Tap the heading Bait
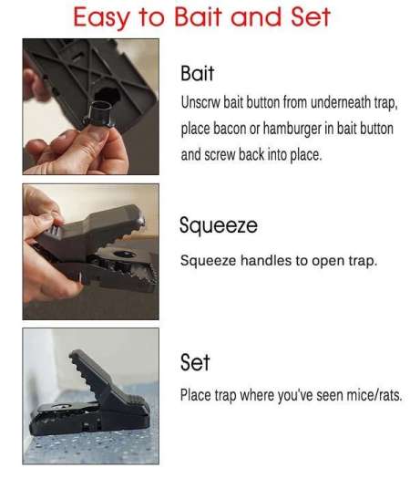click(197, 73)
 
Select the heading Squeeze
click(219, 225)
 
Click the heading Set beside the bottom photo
click(195, 362)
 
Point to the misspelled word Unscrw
click(200, 102)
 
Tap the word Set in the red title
click(311, 16)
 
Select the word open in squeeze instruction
click(329, 262)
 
